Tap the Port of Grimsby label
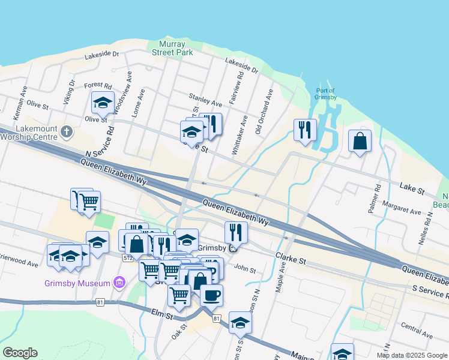click(325, 94)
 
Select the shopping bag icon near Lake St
click(359, 142)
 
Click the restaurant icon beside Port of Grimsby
click(305, 130)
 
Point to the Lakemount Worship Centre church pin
click(66, 130)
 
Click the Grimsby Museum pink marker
click(119, 283)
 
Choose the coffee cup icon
click(211, 295)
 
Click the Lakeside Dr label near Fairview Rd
click(241, 65)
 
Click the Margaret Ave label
click(405, 211)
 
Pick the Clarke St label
click(291, 259)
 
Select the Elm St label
click(162, 313)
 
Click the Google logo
click(20, 353)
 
